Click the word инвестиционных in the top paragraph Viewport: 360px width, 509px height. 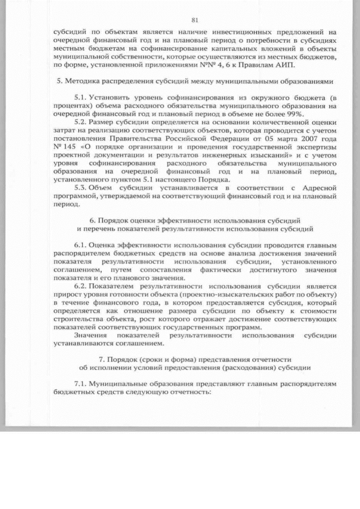211,33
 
